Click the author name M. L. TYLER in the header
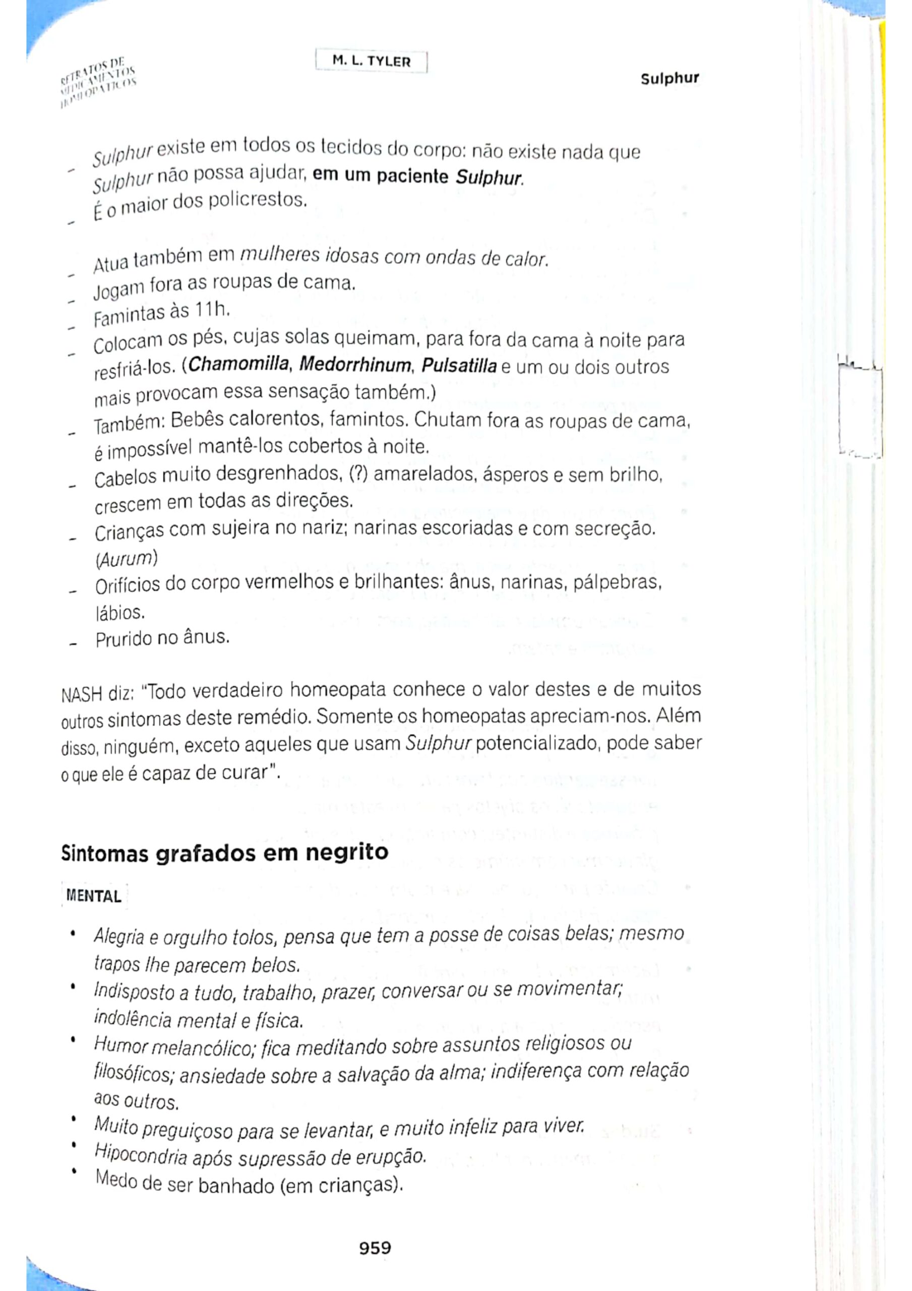pyautogui.click(x=371, y=62)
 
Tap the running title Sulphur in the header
pyautogui.click(x=669, y=79)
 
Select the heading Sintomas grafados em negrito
pyautogui.click(x=224, y=853)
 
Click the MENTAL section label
pyautogui.click(x=94, y=896)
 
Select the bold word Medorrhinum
pyautogui.click(x=355, y=366)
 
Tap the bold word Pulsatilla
pyautogui.click(x=459, y=366)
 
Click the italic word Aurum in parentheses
pyautogui.click(x=126, y=559)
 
